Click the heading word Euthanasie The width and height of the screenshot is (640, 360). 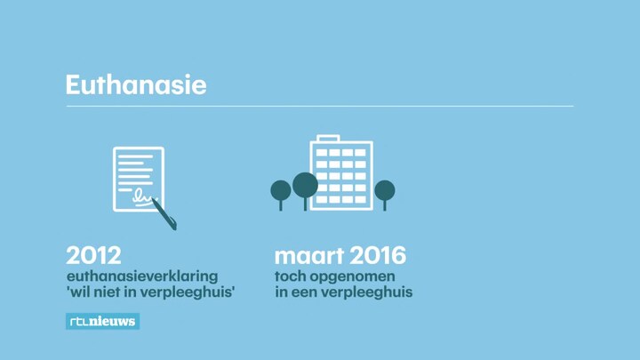pyautogui.click(x=136, y=84)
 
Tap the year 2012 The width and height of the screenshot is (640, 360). pyautogui.click(x=93, y=255)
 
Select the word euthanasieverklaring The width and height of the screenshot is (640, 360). pyautogui.click(x=142, y=276)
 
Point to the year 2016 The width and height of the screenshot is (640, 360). pyautogui.click(x=378, y=255)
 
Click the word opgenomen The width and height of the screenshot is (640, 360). pyautogui.click(x=352, y=277)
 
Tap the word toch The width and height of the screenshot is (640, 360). pyautogui.click(x=290, y=276)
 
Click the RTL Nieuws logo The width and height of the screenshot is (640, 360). pyautogui.click(x=102, y=321)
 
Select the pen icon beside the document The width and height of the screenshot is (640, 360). pyautogui.click(x=164, y=214)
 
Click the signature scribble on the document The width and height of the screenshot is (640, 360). pyautogui.click(x=142, y=197)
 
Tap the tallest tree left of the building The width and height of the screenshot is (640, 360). pyautogui.click(x=305, y=189)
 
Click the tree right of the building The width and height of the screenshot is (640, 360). pyautogui.click(x=385, y=195)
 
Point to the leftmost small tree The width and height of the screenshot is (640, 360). pyautogui.click(x=281, y=195)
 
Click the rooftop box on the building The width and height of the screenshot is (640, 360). pyautogui.click(x=328, y=139)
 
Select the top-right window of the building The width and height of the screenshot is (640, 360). pyautogui.click(x=360, y=152)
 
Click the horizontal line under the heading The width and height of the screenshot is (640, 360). pyautogui.click(x=320, y=106)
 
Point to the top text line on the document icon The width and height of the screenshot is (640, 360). pyautogui.click(x=135, y=156)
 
